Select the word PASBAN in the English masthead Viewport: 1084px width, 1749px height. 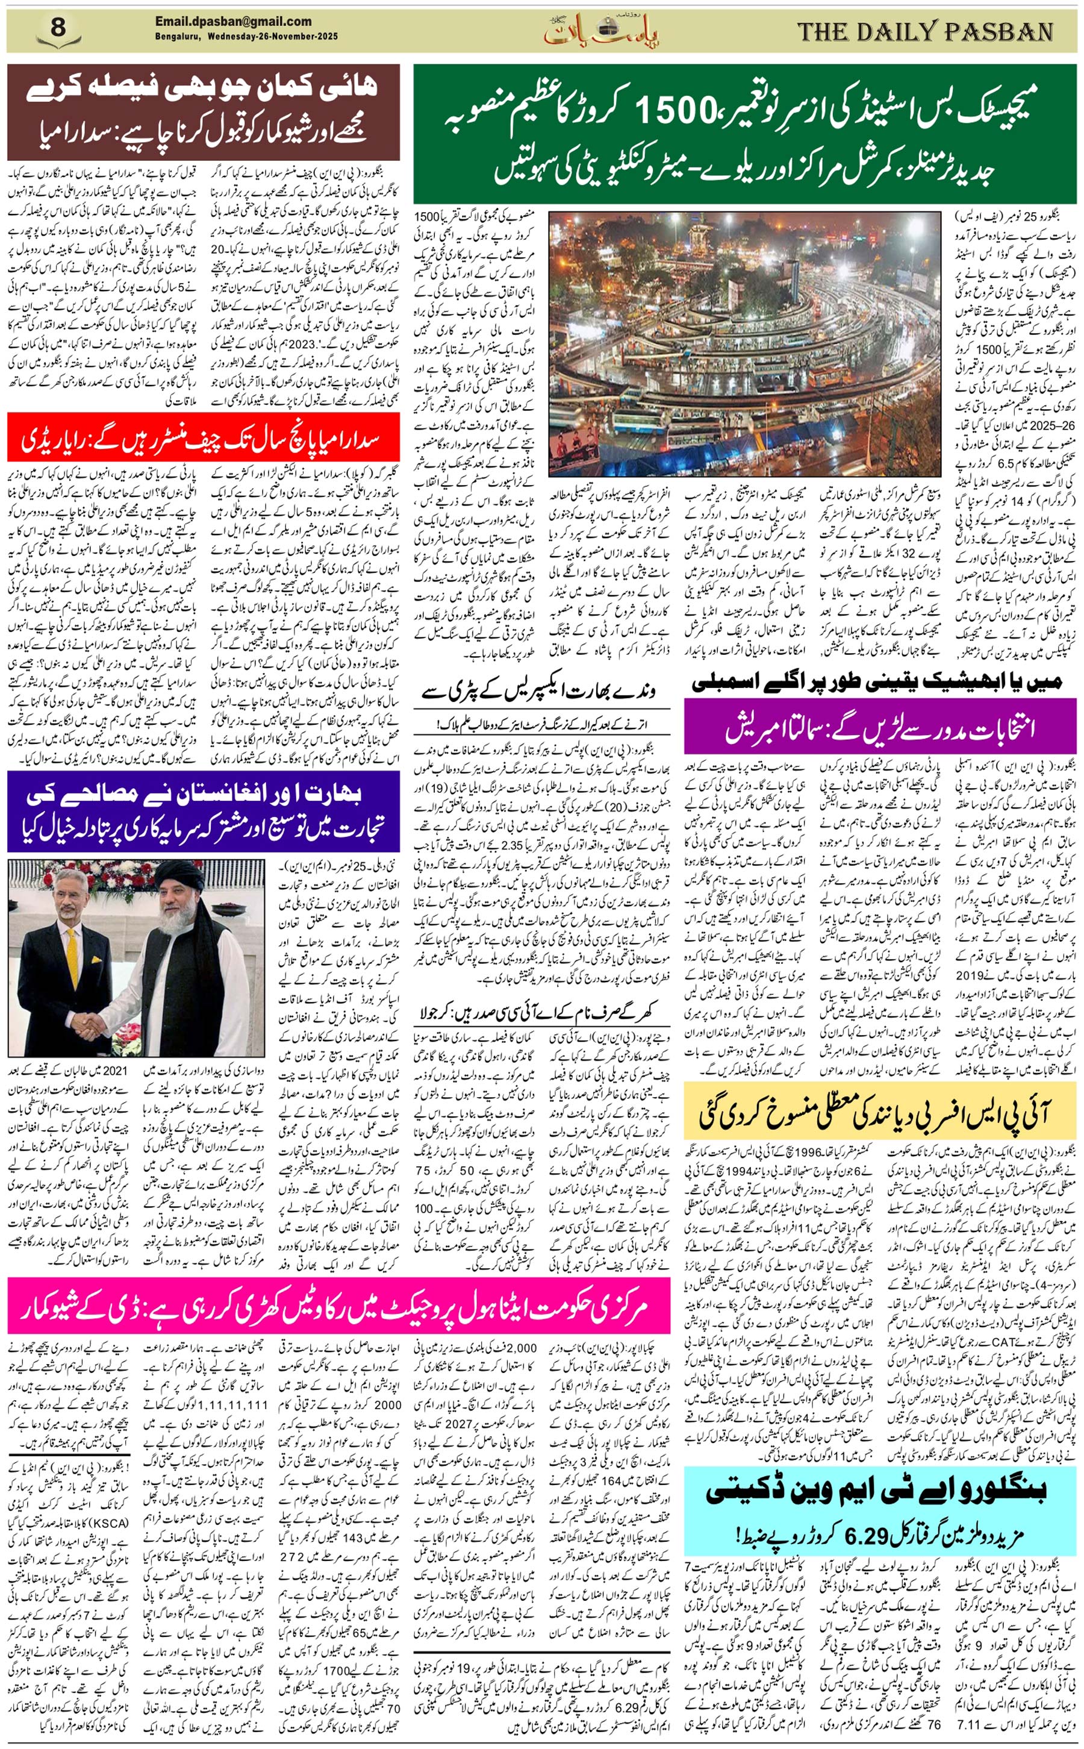pos(998,31)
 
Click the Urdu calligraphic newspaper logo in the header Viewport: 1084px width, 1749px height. pos(601,30)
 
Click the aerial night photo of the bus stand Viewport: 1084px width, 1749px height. pos(744,343)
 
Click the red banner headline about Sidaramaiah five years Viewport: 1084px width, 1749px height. pos(203,438)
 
